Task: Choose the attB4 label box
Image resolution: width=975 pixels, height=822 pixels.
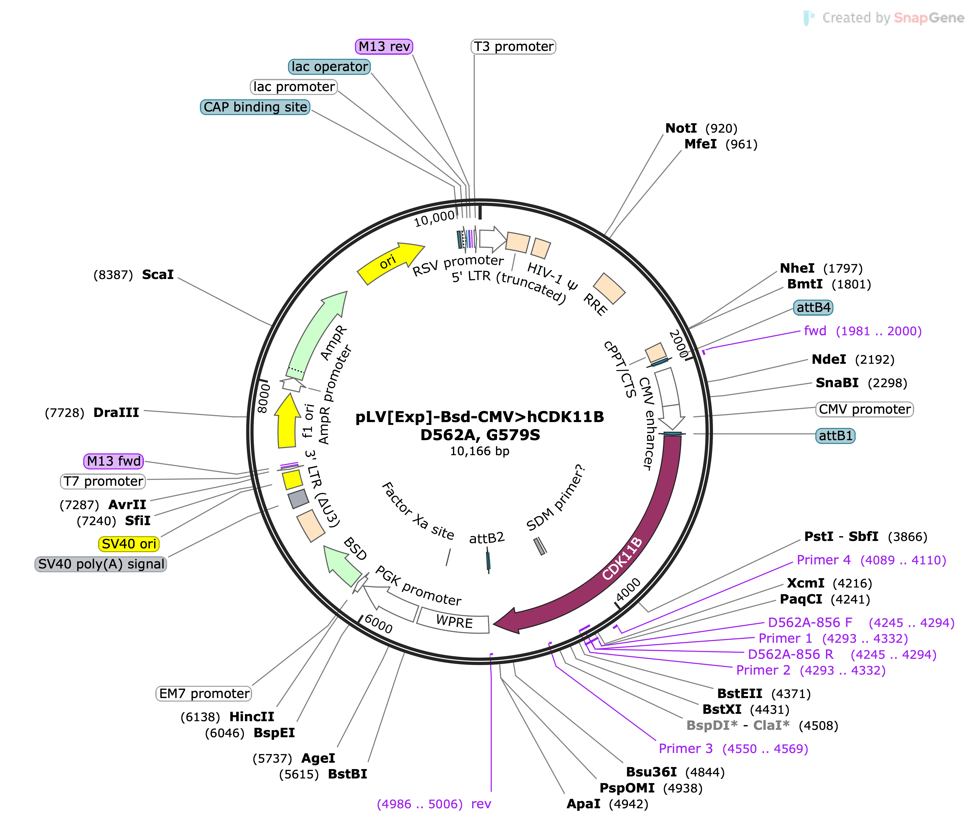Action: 813,308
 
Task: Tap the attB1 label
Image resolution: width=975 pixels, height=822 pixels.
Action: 836,436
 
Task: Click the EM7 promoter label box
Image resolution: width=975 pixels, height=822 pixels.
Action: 204,693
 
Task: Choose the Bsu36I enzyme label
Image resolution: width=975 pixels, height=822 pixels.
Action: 651,772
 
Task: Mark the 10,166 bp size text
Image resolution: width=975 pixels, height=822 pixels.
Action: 479,451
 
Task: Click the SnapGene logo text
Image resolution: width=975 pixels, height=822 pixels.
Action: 929,18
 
